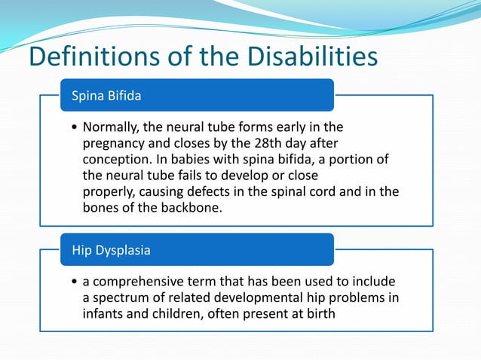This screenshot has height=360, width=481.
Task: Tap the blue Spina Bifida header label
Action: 106,96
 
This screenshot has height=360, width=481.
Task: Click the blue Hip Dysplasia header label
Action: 111,250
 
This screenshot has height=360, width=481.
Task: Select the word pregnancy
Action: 115,142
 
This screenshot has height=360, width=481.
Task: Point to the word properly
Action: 108,191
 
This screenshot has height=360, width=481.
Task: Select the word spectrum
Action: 120,297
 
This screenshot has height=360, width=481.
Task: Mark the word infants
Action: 104,313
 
